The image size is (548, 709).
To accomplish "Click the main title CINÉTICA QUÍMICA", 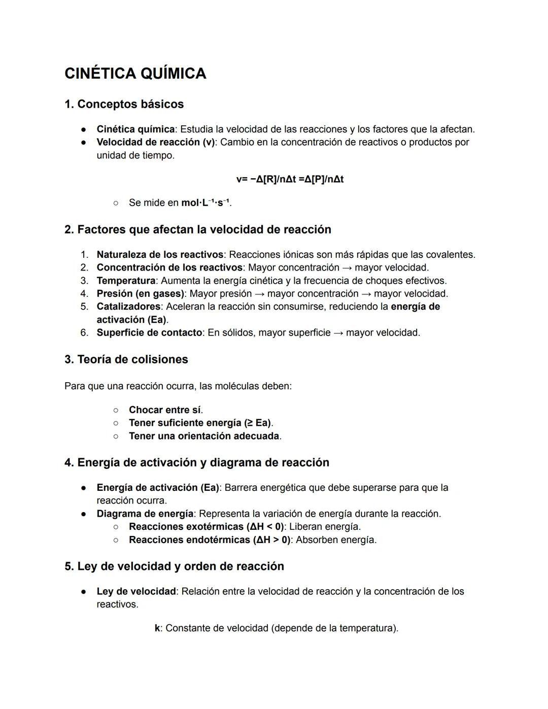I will pyautogui.click(x=135, y=74).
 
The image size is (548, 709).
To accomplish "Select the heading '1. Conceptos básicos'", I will pyautogui.click(x=124, y=104).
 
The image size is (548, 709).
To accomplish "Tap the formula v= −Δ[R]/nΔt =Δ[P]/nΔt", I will pyautogui.click(x=290, y=179).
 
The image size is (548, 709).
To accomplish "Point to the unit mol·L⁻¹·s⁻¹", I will pyautogui.click(x=205, y=202).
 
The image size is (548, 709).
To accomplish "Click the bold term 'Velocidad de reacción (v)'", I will pyautogui.click(x=156, y=142).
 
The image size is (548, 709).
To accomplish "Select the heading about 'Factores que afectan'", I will pyautogui.click(x=197, y=229).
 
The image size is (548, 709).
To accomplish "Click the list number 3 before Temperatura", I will pyautogui.click(x=84, y=281).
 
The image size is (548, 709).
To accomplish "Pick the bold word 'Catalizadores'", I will pyautogui.click(x=128, y=307).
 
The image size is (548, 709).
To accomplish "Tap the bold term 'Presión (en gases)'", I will pyautogui.click(x=140, y=293).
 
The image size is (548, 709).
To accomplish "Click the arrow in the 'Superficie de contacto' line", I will pyautogui.click(x=338, y=333).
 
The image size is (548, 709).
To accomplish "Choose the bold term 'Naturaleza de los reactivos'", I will pyautogui.click(x=160, y=254).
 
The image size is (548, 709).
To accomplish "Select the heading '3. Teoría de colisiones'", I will pyautogui.click(x=126, y=359).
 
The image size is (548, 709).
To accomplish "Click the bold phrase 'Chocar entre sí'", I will pyautogui.click(x=164, y=410).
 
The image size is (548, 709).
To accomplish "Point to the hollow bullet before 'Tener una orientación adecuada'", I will pyautogui.click(x=116, y=436).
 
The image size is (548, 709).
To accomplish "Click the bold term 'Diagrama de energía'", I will pyautogui.click(x=145, y=514).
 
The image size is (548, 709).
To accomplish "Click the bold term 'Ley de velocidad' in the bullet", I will pyautogui.click(x=136, y=591).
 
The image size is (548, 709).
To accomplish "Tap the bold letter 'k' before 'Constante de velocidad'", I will pyautogui.click(x=157, y=628).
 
